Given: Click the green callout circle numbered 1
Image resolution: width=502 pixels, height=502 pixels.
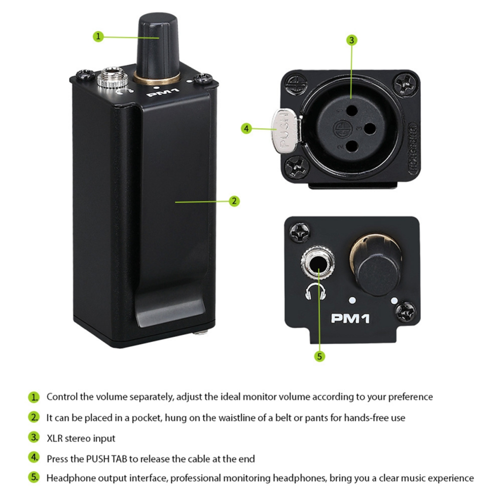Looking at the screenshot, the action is [x=98, y=36].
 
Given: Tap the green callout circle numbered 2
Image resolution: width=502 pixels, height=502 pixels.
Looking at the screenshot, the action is [x=234, y=201].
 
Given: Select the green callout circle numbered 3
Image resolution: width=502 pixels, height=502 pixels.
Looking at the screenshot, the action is [x=351, y=40].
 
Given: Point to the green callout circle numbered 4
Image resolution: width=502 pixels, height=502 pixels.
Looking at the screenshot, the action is [x=246, y=129].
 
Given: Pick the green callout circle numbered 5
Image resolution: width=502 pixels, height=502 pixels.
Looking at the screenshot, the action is [x=319, y=356].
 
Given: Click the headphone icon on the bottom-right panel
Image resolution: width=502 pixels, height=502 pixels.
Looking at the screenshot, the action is [x=315, y=292].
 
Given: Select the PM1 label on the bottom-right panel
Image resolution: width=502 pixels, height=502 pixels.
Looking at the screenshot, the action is [x=350, y=318].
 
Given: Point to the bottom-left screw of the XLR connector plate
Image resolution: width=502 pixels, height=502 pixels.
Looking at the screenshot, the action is [x=297, y=166].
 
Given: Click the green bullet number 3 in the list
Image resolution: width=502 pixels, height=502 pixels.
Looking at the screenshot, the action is [x=33, y=438].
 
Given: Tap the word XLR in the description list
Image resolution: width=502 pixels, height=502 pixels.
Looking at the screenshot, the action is [x=54, y=438].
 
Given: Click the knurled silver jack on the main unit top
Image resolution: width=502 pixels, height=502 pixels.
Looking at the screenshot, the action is [x=113, y=78].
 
